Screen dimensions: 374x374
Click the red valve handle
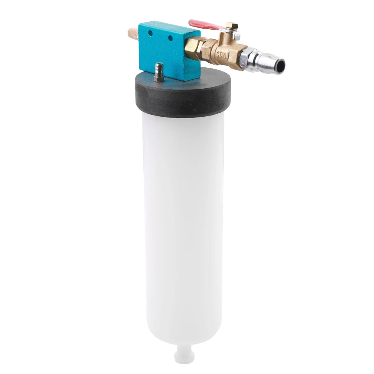coord(204,25)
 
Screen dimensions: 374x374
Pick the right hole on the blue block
coord(170,38)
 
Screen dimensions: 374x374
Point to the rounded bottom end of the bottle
coord(183,338)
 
